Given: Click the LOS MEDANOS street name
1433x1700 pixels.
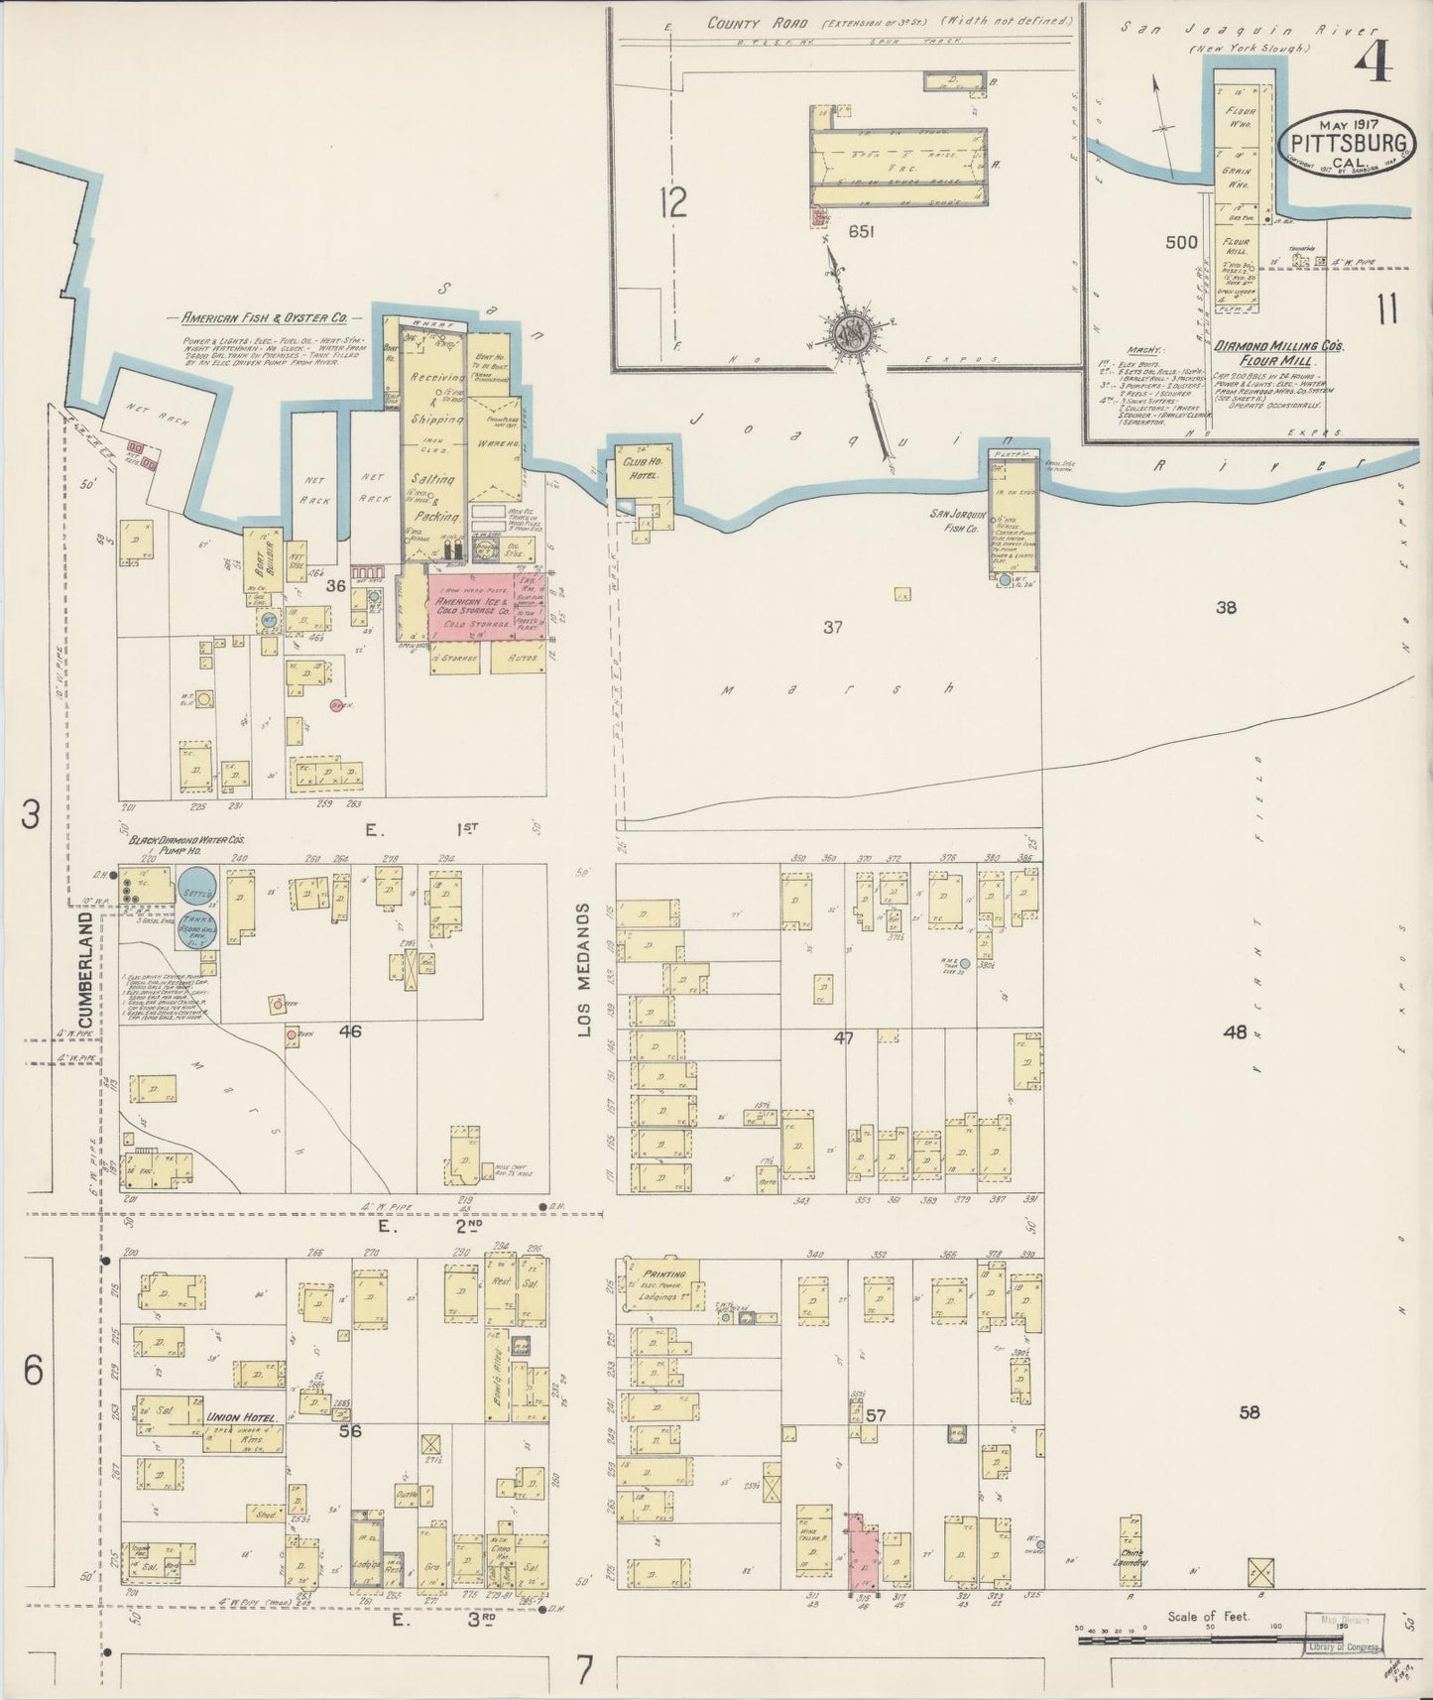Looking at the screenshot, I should pyautogui.click(x=584, y=970).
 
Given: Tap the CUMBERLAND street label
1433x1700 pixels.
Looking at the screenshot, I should pyautogui.click(x=86, y=970).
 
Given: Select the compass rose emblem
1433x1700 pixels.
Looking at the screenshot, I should pyautogui.click(x=850, y=332).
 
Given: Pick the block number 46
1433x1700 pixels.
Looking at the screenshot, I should pyautogui.click(x=349, y=1032).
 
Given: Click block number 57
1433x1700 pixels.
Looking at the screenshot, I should pyautogui.click(x=875, y=1414).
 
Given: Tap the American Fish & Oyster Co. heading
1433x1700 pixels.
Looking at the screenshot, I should pyautogui.click(x=263, y=318).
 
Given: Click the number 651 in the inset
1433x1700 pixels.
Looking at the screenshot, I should pyautogui.click(x=860, y=231).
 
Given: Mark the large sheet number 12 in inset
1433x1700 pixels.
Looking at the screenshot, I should pyautogui.click(x=672, y=204).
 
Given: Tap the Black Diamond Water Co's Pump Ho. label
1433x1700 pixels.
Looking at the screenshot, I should pyautogui.click(x=188, y=844).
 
